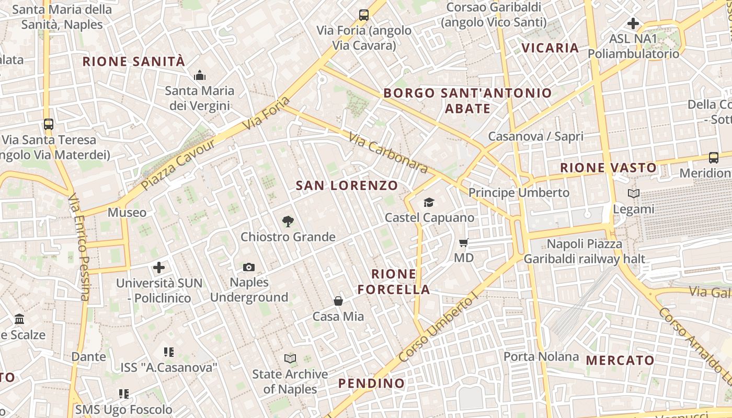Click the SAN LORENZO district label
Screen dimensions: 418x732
pos(347,185)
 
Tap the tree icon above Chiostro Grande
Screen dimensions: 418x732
pos(288,222)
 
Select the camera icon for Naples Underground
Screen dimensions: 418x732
pos(249,267)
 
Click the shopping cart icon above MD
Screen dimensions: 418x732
pos(463,242)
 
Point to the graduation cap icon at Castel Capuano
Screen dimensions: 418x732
pos(429,202)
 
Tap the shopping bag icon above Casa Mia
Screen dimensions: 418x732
pos(338,301)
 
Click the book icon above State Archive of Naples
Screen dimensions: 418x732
pos(290,358)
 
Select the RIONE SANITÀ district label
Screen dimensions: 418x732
pos(134,62)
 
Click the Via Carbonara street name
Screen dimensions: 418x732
pos(388,153)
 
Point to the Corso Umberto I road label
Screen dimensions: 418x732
pos(438,327)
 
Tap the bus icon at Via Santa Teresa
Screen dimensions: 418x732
pos(49,124)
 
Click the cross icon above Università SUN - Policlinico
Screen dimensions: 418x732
pos(159,268)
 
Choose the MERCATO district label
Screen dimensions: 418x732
pos(620,360)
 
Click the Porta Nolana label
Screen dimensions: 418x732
pos(541,357)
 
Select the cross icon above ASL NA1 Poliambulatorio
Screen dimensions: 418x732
pos(633,23)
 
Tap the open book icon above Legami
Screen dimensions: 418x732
pos(634,193)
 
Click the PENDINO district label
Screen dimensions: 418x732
pos(371,384)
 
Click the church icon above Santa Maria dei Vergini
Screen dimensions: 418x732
pos(200,76)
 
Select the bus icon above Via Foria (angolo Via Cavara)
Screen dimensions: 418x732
pos(364,15)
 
